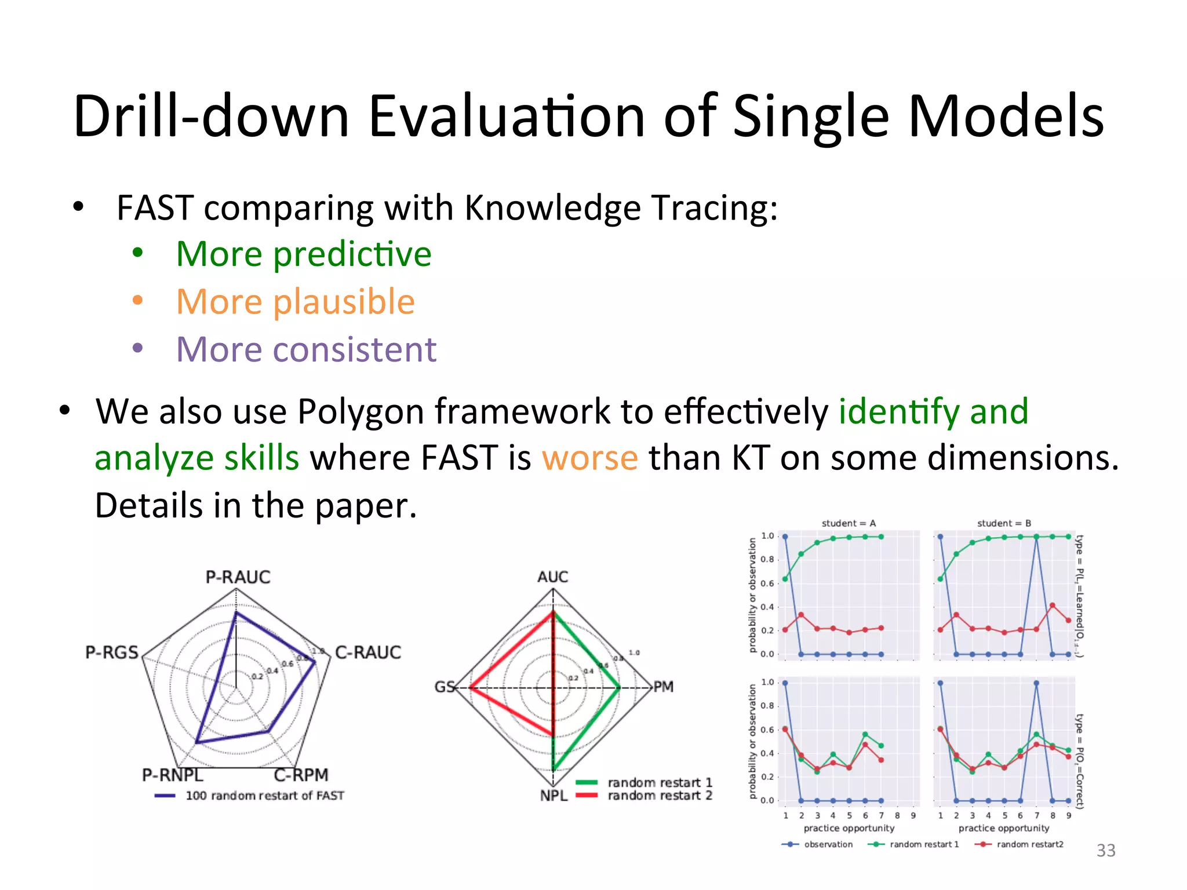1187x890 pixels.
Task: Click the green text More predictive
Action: tap(304, 254)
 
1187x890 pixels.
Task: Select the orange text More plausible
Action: tap(295, 302)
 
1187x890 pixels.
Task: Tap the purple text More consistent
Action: tap(306, 349)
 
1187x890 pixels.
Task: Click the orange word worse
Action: tap(589, 458)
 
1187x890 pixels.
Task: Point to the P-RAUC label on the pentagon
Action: tap(238, 577)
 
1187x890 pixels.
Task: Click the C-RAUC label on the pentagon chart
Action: tap(368, 652)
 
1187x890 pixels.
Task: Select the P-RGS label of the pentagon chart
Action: tap(112, 652)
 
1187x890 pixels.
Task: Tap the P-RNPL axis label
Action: tap(172, 775)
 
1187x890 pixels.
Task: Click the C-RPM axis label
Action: tap(301, 775)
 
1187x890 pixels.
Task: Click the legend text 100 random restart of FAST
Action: tap(265, 796)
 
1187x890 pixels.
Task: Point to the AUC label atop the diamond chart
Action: tap(552, 577)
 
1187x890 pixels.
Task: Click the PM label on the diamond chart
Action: tap(664, 687)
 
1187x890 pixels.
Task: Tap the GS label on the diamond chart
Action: tap(445, 687)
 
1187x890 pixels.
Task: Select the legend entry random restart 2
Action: tap(660, 796)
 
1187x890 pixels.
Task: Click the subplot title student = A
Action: tap(849, 523)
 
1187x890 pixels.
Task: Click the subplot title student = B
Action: tap(1004, 523)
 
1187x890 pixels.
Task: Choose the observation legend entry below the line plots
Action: tap(828, 844)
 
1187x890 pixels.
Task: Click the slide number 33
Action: tap(1106, 850)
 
